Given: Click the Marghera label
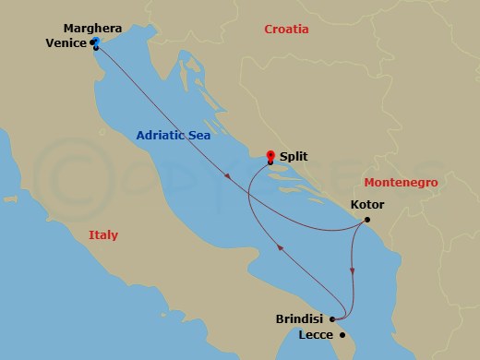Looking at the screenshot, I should pyautogui.click(x=62, y=29).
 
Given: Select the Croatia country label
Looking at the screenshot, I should pyautogui.click(x=286, y=30).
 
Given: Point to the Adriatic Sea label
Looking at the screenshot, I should pyautogui.click(x=173, y=135).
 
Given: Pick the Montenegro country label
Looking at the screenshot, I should pyautogui.click(x=401, y=183).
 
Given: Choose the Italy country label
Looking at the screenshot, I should pyautogui.click(x=103, y=235).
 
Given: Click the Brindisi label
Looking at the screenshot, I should pyautogui.click(x=299, y=319).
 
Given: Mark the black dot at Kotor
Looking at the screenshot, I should pyautogui.click(x=367, y=220).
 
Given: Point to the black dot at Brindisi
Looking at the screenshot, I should pyautogui.click(x=330, y=319).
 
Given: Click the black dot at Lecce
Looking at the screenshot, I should pyautogui.click(x=342, y=335).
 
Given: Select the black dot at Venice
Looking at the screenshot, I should pyautogui.click(x=96, y=48).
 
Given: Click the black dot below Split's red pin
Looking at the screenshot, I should pyautogui.click(x=270, y=164).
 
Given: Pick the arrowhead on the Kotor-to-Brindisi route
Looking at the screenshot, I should pyautogui.click(x=353, y=270).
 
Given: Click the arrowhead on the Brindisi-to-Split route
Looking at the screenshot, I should pyautogui.click(x=281, y=246).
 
